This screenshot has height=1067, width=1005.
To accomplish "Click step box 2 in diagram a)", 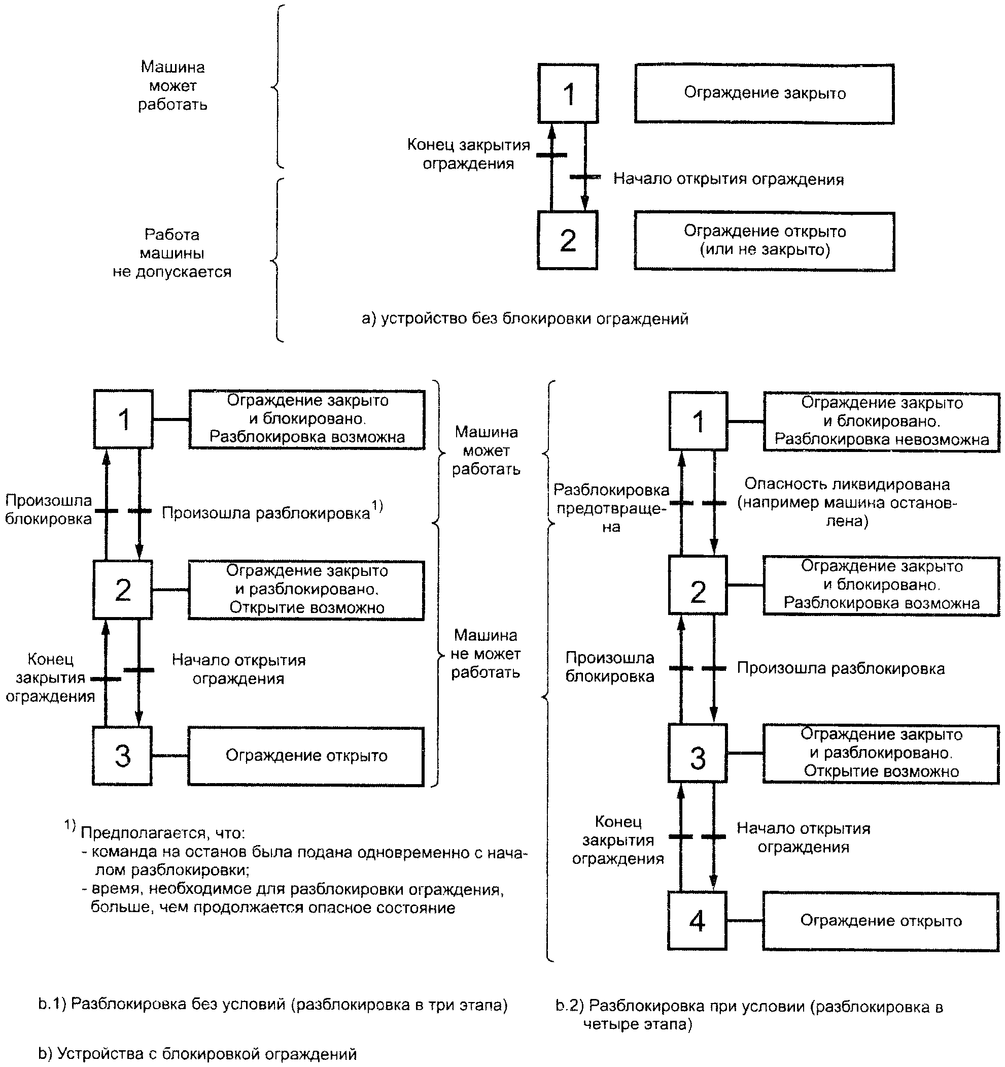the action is pos(568,240).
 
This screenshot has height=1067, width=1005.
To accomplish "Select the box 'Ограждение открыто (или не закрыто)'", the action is pos(765,241).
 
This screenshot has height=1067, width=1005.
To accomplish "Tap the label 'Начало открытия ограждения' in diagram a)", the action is pos(729,179).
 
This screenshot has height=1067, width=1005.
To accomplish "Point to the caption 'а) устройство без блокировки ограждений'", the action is pos(525,319).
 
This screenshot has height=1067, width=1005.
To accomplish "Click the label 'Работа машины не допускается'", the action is pos(172,253).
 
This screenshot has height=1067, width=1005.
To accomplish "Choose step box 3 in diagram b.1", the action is pos(123,756).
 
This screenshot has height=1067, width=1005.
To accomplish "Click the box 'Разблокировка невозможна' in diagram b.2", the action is pos(882,422).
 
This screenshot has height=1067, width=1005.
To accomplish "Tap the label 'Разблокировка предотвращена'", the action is pos(611,508).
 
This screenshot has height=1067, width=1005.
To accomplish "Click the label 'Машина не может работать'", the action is pos(486,654).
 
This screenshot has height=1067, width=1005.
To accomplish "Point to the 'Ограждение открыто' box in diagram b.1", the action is pos(306,756).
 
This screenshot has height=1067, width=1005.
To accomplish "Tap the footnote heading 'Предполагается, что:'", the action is pos(162,833).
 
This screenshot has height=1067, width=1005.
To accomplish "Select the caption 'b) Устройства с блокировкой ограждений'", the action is pos(197,1054).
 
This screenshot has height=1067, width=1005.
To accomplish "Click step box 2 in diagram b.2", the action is pos(698,585).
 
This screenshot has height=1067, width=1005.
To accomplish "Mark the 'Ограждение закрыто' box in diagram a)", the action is pos(765,94).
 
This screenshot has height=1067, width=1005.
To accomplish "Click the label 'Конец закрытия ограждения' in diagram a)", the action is pos(468,154).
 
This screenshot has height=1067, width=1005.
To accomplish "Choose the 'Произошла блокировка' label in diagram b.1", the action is pos(48,510).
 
